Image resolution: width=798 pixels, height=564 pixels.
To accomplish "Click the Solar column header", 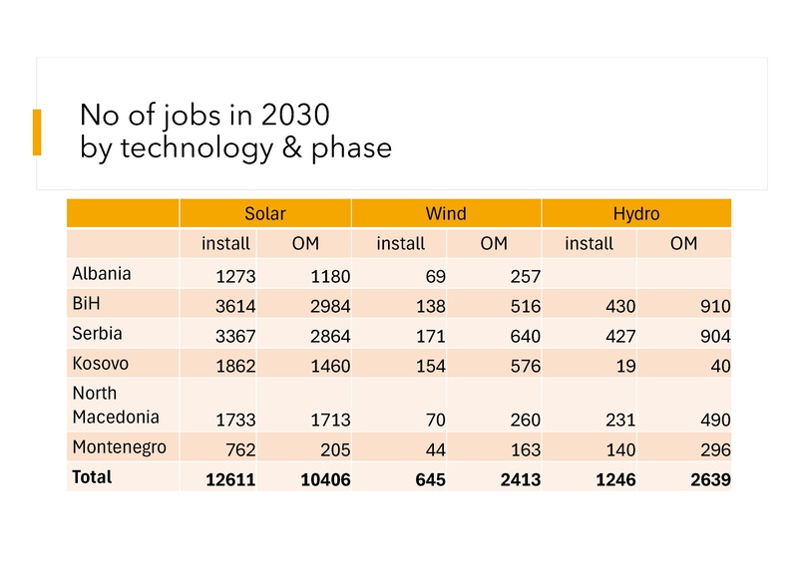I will click(x=264, y=213).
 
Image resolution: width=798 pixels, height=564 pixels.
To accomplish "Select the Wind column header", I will click(x=445, y=213).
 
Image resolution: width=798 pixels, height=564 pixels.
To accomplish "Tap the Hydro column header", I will click(x=635, y=213).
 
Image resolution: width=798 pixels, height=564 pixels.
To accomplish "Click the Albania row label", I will click(x=101, y=273).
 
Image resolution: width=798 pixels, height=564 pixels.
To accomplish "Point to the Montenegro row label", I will click(x=119, y=447).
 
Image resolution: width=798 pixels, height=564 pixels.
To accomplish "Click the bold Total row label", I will click(x=92, y=477).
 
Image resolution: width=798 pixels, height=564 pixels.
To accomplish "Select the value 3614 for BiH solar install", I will click(x=235, y=307).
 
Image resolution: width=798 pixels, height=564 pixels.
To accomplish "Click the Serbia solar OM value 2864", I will click(x=326, y=336).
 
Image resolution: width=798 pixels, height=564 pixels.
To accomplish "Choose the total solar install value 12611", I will click(x=230, y=480).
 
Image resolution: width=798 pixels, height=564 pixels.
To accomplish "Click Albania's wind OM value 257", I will click(x=525, y=277).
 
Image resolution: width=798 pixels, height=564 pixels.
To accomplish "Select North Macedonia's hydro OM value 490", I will click(x=714, y=421).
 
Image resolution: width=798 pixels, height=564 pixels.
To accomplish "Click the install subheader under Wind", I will click(x=400, y=243).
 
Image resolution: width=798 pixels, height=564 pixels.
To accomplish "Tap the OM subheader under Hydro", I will click(x=683, y=243).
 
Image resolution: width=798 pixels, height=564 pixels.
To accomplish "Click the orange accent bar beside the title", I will click(x=37, y=133).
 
